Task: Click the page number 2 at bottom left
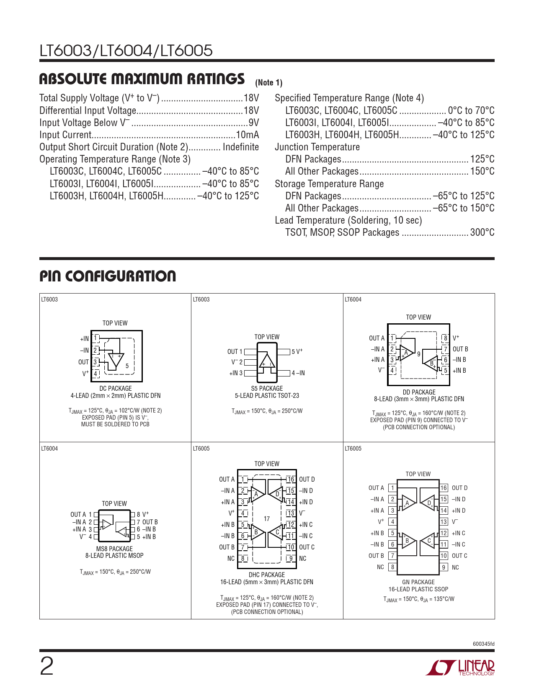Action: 46,667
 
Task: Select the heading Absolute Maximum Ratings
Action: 142,79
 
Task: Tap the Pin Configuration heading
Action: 108,276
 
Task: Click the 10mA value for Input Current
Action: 248,135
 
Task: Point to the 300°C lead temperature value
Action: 482,232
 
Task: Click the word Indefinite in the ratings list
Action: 241,147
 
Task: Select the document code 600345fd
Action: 483,644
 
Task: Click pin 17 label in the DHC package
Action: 267,519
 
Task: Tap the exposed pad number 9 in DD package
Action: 418,354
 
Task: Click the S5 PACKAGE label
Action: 267,388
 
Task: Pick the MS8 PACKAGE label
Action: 114,549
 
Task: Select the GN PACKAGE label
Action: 418,582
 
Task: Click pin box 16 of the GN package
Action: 444,488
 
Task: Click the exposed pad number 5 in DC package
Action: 127,366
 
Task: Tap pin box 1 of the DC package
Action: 95,338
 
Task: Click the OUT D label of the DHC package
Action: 307,480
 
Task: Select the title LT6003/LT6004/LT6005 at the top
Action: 126,51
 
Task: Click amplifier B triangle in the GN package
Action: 408,540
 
